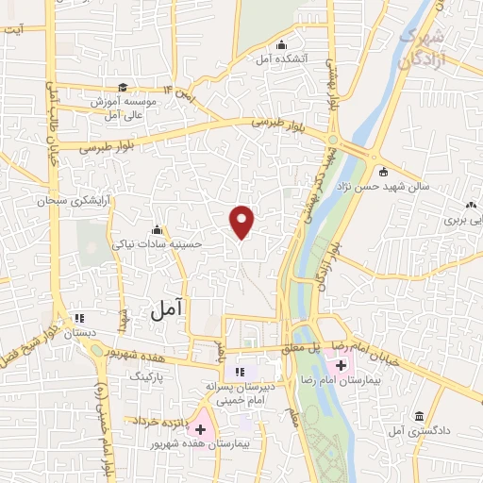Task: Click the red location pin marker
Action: (242, 222)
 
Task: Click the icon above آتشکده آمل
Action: (280, 43)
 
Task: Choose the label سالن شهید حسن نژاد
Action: (388, 186)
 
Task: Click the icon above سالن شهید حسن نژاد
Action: (383, 171)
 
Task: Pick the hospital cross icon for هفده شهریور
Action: (199, 429)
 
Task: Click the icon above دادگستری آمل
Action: (418, 415)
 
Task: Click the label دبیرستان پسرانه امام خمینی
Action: (239, 393)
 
